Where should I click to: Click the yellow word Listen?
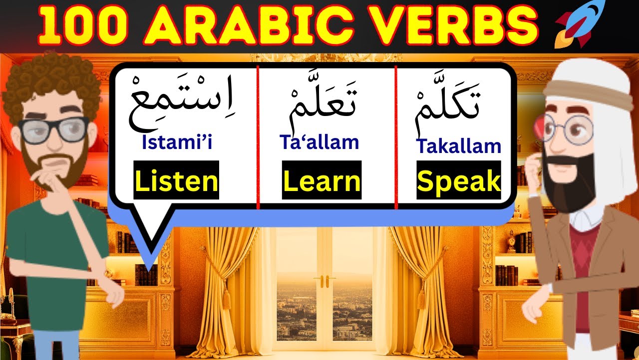(177, 180)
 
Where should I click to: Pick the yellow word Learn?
(321, 180)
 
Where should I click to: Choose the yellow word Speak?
(458, 180)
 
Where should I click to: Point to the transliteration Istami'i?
(177, 143)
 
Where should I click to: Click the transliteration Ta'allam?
(319, 142)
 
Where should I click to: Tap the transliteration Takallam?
(458, 146)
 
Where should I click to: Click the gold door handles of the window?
(324, 281)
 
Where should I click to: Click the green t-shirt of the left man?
(55, 240)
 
